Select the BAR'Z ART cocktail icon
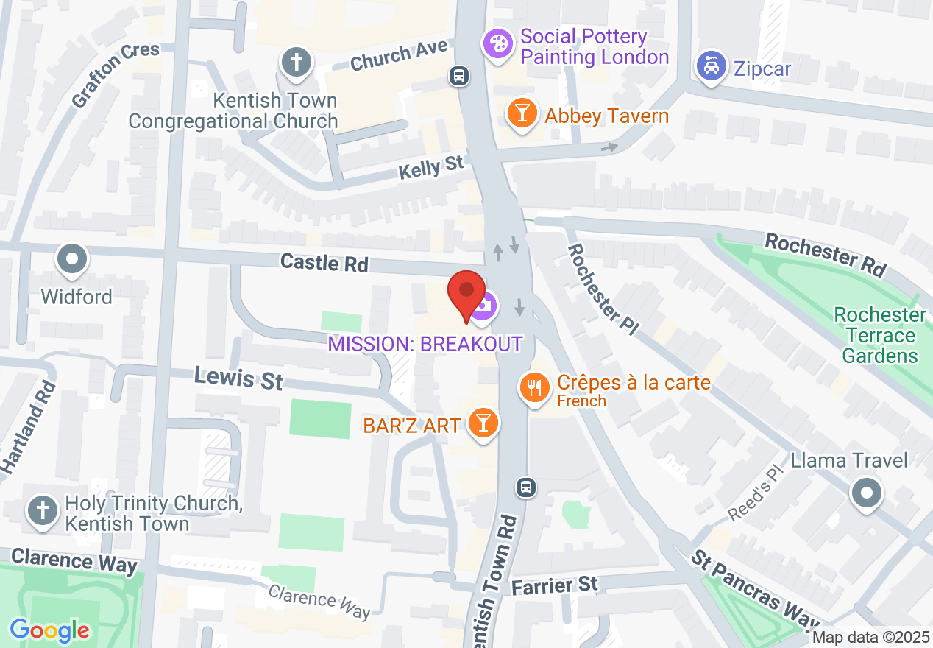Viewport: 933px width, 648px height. [x=483, y=423]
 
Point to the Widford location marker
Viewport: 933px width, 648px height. [x=73, y=260]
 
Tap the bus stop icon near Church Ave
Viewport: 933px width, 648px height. [x=460, y=76]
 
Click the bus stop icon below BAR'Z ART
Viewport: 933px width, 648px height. [x=525, y=487]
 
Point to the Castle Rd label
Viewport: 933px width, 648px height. [x=324, y=263]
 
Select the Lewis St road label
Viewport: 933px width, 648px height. [x=238, y=378]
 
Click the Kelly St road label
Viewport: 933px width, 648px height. [x=431, y=168]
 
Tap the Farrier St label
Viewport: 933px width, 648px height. [x=555, y=585]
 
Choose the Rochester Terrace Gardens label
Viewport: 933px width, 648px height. [x=880, y=335]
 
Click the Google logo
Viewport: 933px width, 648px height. [x=50, y=630]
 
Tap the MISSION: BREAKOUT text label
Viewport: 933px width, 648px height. [x=425, y=344]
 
